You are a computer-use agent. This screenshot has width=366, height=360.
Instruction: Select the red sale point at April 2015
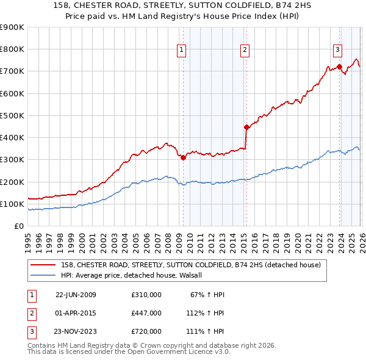[246, 128]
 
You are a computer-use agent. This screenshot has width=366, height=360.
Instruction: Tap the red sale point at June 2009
[183, 157]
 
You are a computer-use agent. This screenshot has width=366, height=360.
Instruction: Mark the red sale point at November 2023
[340, 67]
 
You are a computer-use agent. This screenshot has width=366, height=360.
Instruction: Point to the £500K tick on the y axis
[12, 115]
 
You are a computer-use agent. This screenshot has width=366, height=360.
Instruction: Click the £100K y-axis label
[12, 204]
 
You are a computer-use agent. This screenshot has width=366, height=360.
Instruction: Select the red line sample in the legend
[43, 265]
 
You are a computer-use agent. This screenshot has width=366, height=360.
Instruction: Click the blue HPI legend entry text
[135, 275]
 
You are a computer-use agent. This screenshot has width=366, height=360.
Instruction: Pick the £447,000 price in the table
[146, 313]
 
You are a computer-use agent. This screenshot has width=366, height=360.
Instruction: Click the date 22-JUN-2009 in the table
[76, 295]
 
